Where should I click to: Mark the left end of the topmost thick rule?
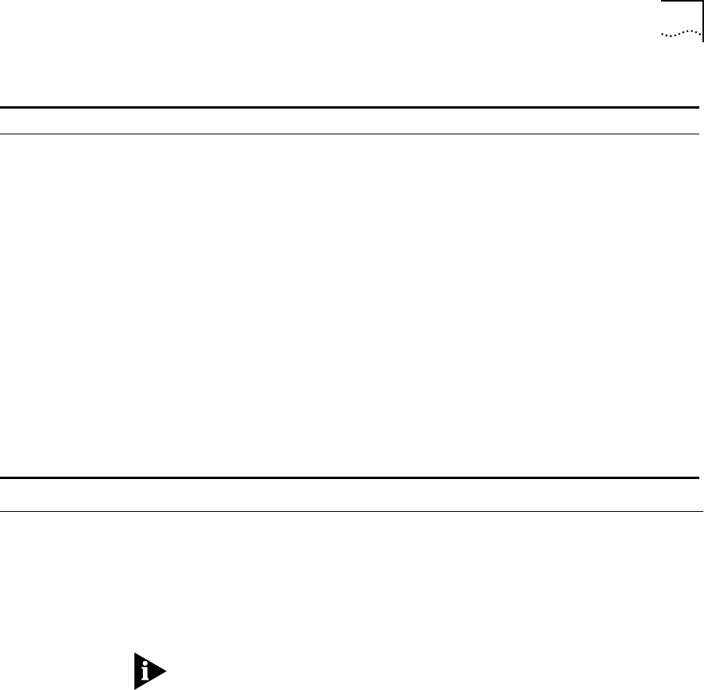(1, 108)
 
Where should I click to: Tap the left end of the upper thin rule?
(1, 134)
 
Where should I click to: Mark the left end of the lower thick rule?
(1, 477)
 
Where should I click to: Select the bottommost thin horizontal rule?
(352, 512)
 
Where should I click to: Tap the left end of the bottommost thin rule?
(1, 512)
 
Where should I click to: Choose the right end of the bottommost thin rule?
(702, 512)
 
